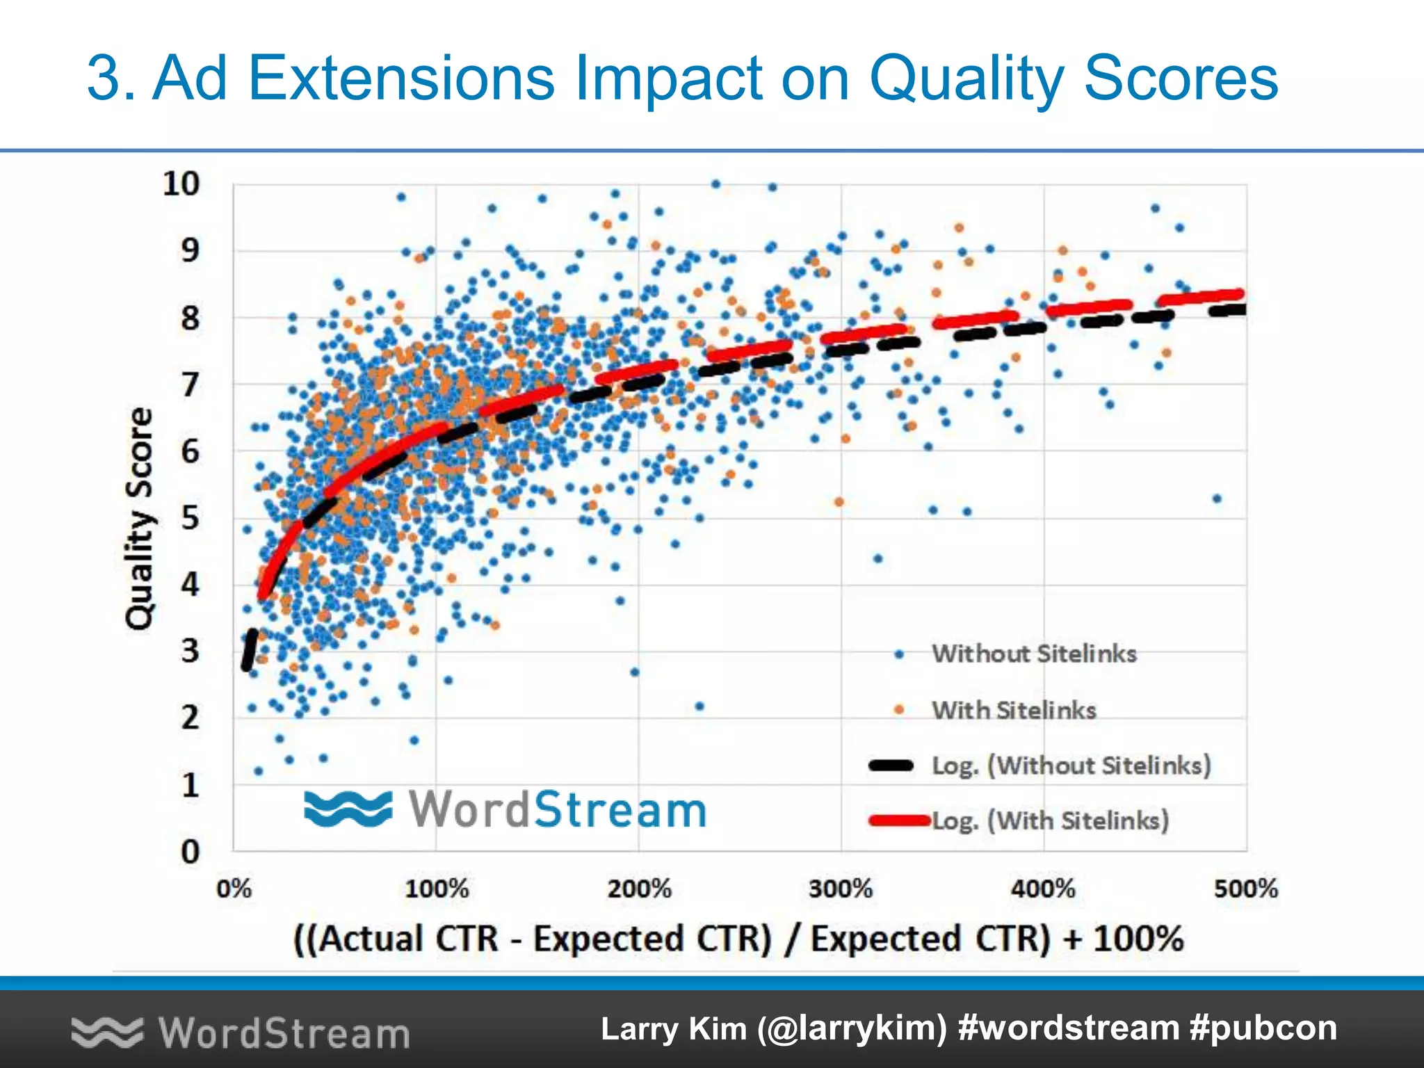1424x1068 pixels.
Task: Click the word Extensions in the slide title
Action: point(401,78)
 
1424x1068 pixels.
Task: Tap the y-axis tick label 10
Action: point(181,184)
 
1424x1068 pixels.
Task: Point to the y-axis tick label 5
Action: point(190,519)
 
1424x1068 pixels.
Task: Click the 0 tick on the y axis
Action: point(190,852)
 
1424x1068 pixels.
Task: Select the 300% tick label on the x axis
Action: point(841,889)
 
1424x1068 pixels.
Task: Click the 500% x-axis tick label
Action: point(1245,889)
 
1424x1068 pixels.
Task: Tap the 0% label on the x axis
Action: point(234,889)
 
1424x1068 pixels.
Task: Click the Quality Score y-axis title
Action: point(140,518)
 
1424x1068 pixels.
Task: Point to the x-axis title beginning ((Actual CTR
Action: point(738,939)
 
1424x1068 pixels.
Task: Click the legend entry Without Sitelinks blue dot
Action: point(899,654)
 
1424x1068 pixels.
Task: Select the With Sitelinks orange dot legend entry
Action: point(899,710)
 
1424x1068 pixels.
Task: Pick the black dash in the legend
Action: point(891,766)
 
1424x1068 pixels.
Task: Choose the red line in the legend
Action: point(899,821)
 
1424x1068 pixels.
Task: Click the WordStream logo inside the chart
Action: point(505,809)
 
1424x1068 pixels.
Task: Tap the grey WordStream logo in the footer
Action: point(241,1033)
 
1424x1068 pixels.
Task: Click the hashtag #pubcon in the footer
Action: point(1263,1028)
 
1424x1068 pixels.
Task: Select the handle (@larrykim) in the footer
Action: point(852,1028)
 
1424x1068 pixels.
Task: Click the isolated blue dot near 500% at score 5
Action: point(1217,499)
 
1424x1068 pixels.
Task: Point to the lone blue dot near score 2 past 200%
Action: point(699,706)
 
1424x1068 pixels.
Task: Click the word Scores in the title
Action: point(1181,78)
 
